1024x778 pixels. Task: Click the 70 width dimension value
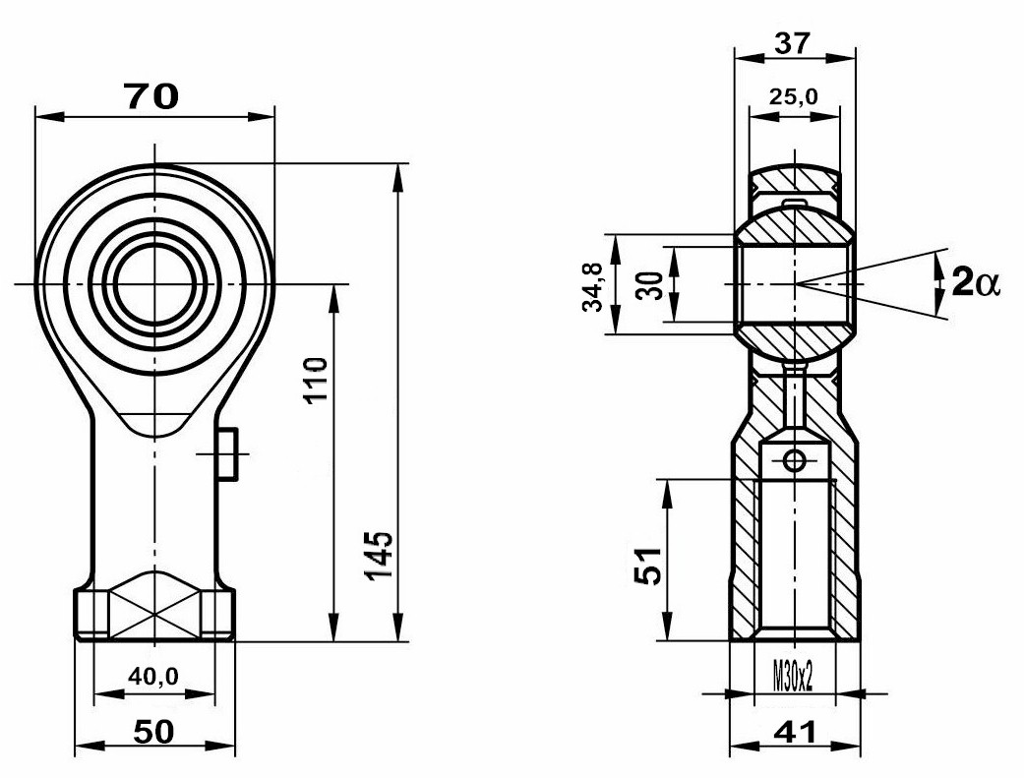click(151, 96)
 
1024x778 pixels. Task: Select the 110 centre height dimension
click(316, 381)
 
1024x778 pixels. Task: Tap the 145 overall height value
click(380, 555)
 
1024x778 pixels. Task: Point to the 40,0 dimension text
click(152, 676)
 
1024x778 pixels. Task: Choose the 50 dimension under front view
click(154, 732)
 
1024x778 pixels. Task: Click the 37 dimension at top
click(792, 43)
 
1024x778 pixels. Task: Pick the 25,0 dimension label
click(793, 96)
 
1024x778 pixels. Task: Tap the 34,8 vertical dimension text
click(593, 285)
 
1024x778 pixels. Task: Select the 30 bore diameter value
click(650, 285)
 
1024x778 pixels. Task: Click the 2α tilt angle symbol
click(976, 283)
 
